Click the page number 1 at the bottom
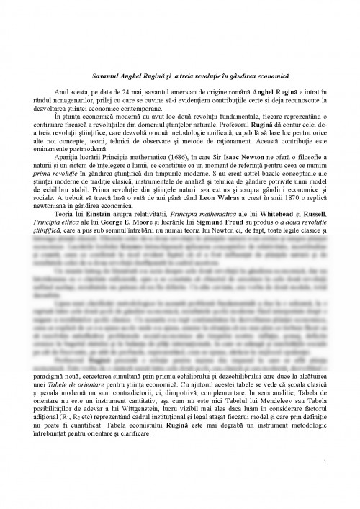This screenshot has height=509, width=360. click(325, 482)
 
